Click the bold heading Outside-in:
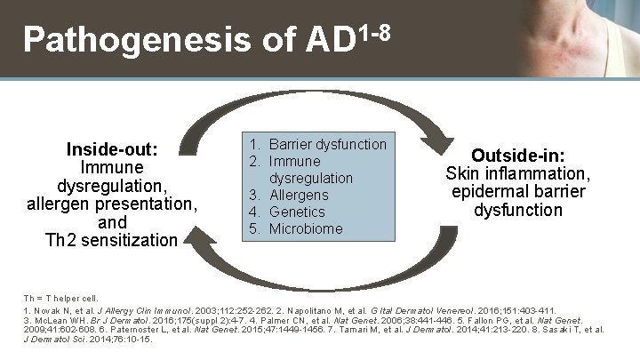pos(516,154)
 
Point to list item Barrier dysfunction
pos(327,144)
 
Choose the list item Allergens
pos(298,195)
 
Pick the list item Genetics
pos(297,212)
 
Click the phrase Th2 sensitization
pos(112,239)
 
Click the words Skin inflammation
pos(517,172)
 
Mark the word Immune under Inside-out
pos(112,166)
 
